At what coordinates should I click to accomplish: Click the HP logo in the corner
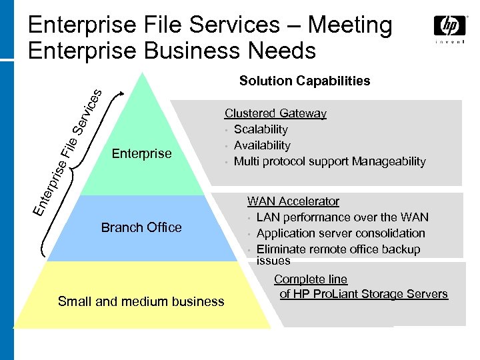(451, 27)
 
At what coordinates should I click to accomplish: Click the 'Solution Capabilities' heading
(305, 81)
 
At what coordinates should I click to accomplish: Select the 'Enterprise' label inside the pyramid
(141, 153)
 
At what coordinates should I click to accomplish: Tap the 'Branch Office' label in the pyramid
(141, 227)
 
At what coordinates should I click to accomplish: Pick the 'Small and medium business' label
(141, 301)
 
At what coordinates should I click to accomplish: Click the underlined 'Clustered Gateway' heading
(275, 113)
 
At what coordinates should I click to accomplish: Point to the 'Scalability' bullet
(261, 129)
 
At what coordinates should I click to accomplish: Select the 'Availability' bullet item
(262, 145)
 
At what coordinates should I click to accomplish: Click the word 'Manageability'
(391, 161)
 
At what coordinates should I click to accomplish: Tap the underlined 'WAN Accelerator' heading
(293, 201)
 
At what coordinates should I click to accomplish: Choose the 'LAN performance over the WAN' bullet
(342, 217)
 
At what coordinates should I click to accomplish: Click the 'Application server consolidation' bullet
(341, 233)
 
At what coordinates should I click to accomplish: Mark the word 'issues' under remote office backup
(273, 261)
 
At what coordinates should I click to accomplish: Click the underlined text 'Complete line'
(311, 279)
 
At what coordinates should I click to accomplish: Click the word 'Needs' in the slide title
(283, 50)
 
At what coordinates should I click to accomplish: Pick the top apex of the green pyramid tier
(141, 73)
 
